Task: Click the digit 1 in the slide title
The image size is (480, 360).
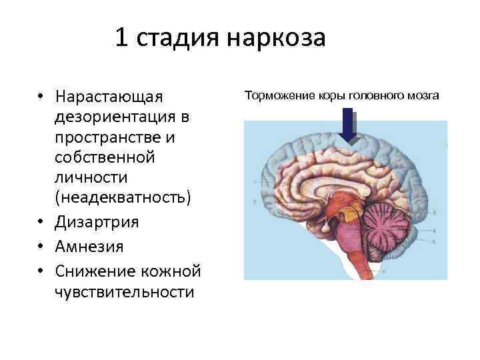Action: tap(122, 37)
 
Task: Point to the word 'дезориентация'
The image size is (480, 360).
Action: tap(117, 117)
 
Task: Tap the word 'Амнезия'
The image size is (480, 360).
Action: tap(90, 246)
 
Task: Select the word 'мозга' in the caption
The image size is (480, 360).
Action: tap(423, 96)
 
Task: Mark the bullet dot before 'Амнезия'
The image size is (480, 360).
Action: tap(41, 246)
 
